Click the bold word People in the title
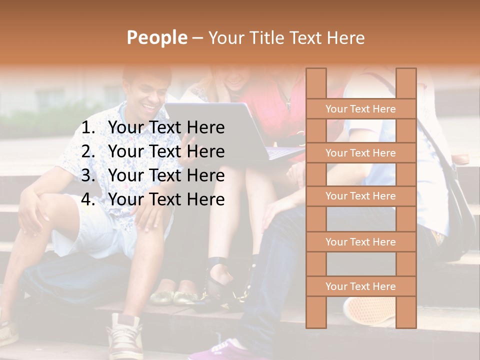click(x=156, y=37)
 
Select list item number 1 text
click(x=166, y=128)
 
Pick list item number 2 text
click(x=166, y=151)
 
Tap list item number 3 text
click(x=166, y=175)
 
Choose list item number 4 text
click(x=166, y=199)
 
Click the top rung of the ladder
click(x=360, y=109)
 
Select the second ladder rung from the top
click(x=360, y=153)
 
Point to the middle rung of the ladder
click(x=360, y=196)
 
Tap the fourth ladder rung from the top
click(x=360, y=242)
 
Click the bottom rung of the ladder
click(x=360, y=286)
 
